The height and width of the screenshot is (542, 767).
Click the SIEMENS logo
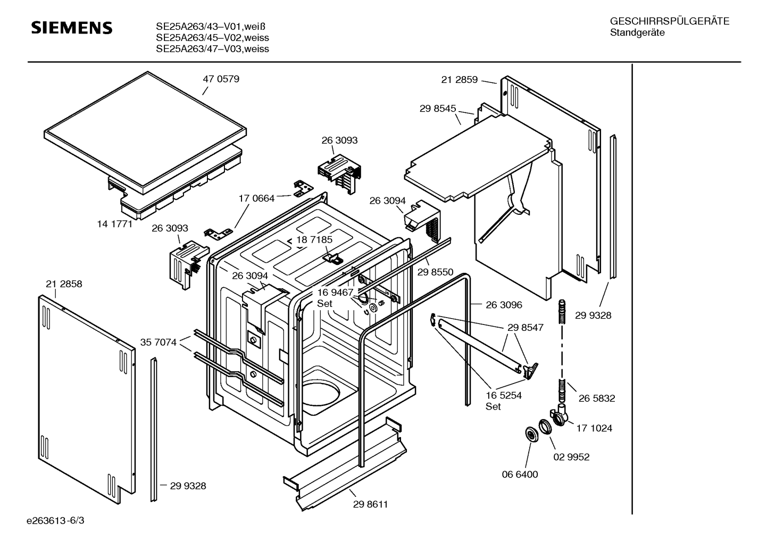tap(72, 28)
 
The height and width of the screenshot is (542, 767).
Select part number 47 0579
tap(221, 79)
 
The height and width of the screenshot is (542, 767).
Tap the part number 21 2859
tap(459, 80)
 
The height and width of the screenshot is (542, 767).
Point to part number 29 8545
tap(438, 109)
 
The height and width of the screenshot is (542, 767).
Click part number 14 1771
tap(115, 224)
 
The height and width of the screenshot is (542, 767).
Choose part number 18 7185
tap(314, 240)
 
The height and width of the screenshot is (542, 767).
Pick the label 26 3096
tap(504, 305)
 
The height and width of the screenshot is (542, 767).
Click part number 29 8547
tap(526, 328)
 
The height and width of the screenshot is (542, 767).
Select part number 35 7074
tap(158, 342)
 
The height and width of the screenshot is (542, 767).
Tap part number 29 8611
tap(370, 504)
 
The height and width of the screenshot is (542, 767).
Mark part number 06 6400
tap(520, 474)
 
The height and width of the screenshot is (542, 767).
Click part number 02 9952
tap(571, 457)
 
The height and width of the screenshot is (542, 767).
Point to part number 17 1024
tap(594, 428)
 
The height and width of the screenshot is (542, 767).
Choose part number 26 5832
tap(597, 398)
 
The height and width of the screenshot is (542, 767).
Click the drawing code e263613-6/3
tap(55, 521)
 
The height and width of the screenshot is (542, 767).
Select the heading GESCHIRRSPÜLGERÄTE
tap(670, 21)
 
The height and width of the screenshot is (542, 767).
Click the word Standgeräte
tap(637, 33)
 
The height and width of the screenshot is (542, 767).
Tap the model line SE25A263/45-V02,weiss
tap(212, 38)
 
